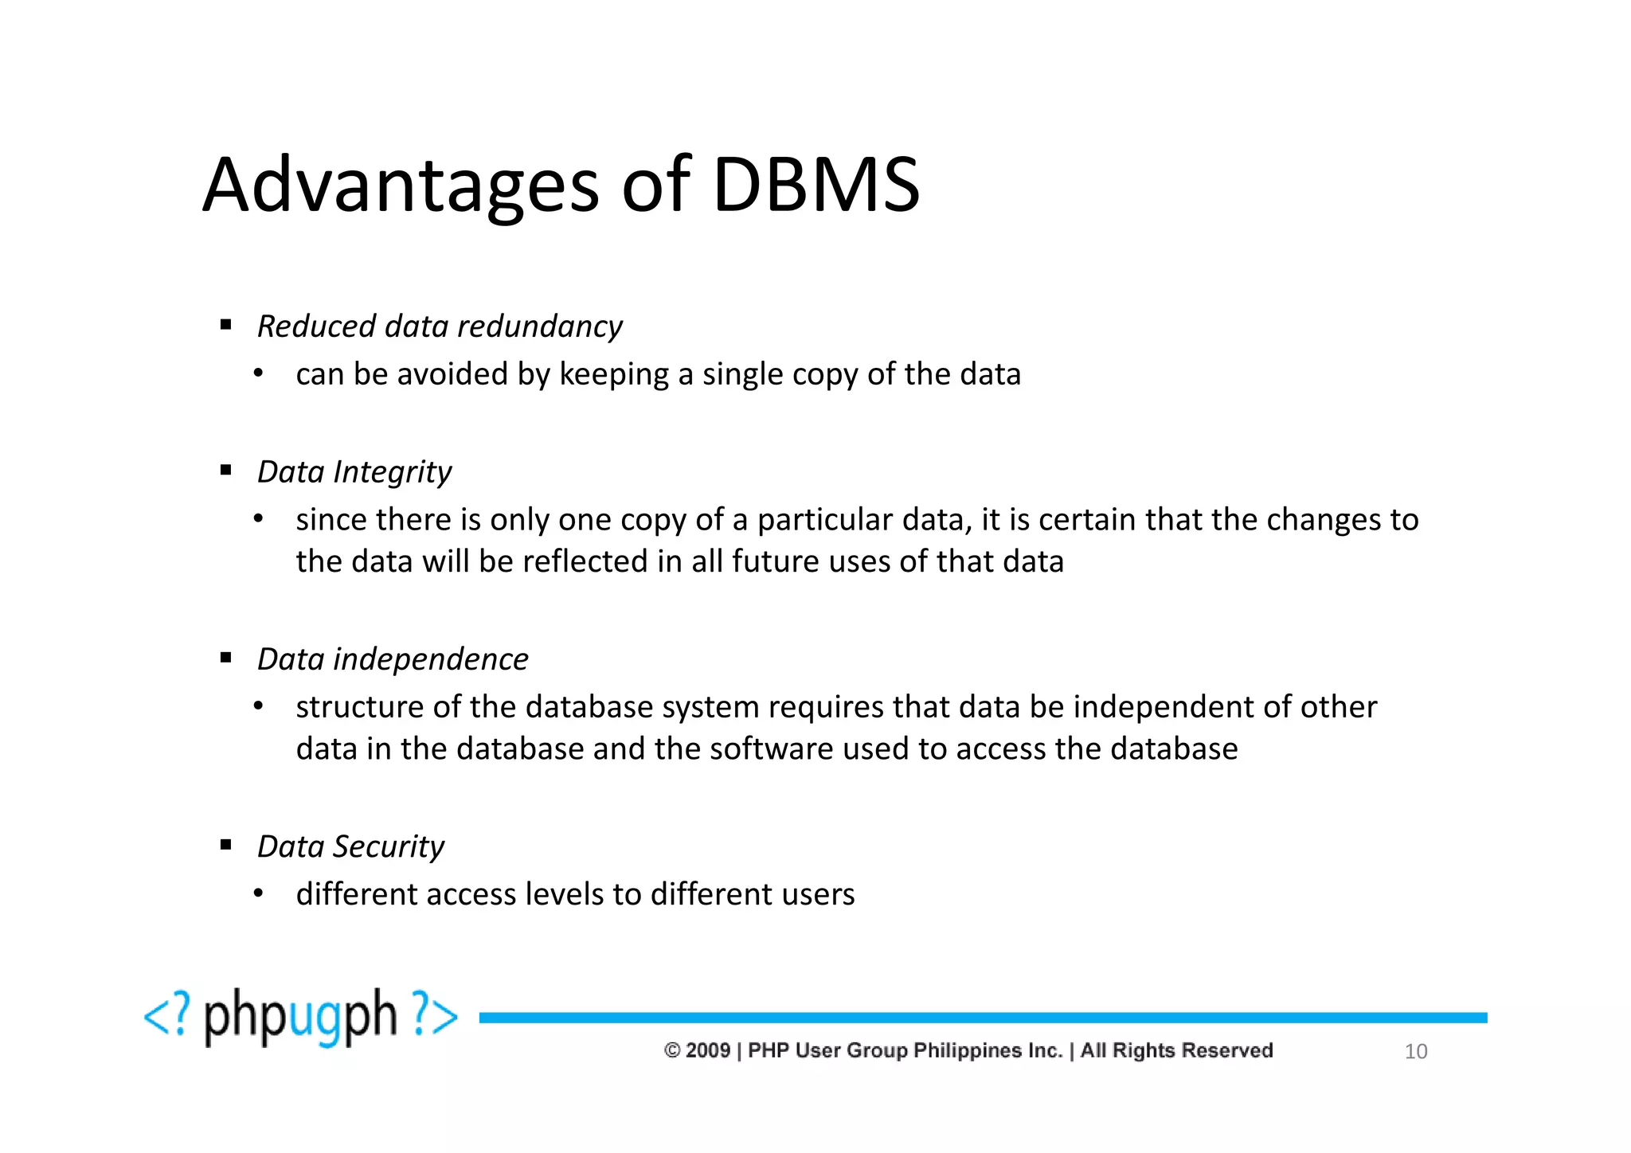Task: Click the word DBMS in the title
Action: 816,186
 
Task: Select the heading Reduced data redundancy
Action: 440,326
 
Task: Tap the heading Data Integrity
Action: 354,472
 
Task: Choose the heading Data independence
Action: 393,659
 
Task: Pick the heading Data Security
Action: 350,846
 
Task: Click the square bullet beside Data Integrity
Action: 226,471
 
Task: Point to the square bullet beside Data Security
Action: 226,845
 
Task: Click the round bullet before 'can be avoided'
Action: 258,373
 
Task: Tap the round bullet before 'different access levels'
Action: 258,894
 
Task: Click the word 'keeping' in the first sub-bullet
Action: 614,375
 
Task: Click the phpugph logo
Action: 301,1017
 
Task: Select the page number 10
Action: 1415,1052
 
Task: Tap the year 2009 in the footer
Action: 708,1050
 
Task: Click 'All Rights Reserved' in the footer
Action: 1176,1050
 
